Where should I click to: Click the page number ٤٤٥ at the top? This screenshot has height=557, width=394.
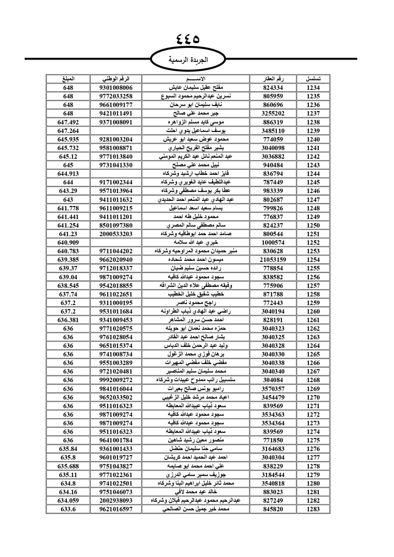(188, 39)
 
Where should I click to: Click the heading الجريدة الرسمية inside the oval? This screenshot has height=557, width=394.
(188, 60)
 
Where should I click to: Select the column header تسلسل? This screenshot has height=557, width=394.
(313, 79)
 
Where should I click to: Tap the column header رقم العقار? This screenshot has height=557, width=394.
(273, 79)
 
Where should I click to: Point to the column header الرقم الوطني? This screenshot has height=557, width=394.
(116, 79)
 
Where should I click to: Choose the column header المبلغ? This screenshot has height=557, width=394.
(68, 79)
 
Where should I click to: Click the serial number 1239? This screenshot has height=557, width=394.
(313, 131)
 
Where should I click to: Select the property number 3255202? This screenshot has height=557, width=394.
(273, 113)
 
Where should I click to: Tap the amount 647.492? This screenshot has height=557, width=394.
(68, 122)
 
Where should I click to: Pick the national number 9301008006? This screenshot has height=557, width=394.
(116, 88)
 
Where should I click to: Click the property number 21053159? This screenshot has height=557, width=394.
(273, 260)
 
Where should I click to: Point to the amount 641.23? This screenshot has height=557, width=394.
(68, 234)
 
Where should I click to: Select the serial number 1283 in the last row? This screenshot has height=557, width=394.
(313, 509)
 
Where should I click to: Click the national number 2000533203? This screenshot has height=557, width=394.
(116, 234)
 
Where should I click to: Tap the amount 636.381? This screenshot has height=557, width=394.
(68, 320)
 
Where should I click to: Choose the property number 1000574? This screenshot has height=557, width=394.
(273, 243)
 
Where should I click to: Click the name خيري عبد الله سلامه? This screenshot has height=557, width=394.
(196, 243)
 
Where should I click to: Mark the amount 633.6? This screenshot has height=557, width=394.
(68, 509)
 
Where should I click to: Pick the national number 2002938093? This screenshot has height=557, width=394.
(116, 500)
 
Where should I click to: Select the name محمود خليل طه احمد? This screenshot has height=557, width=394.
(196, 217)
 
